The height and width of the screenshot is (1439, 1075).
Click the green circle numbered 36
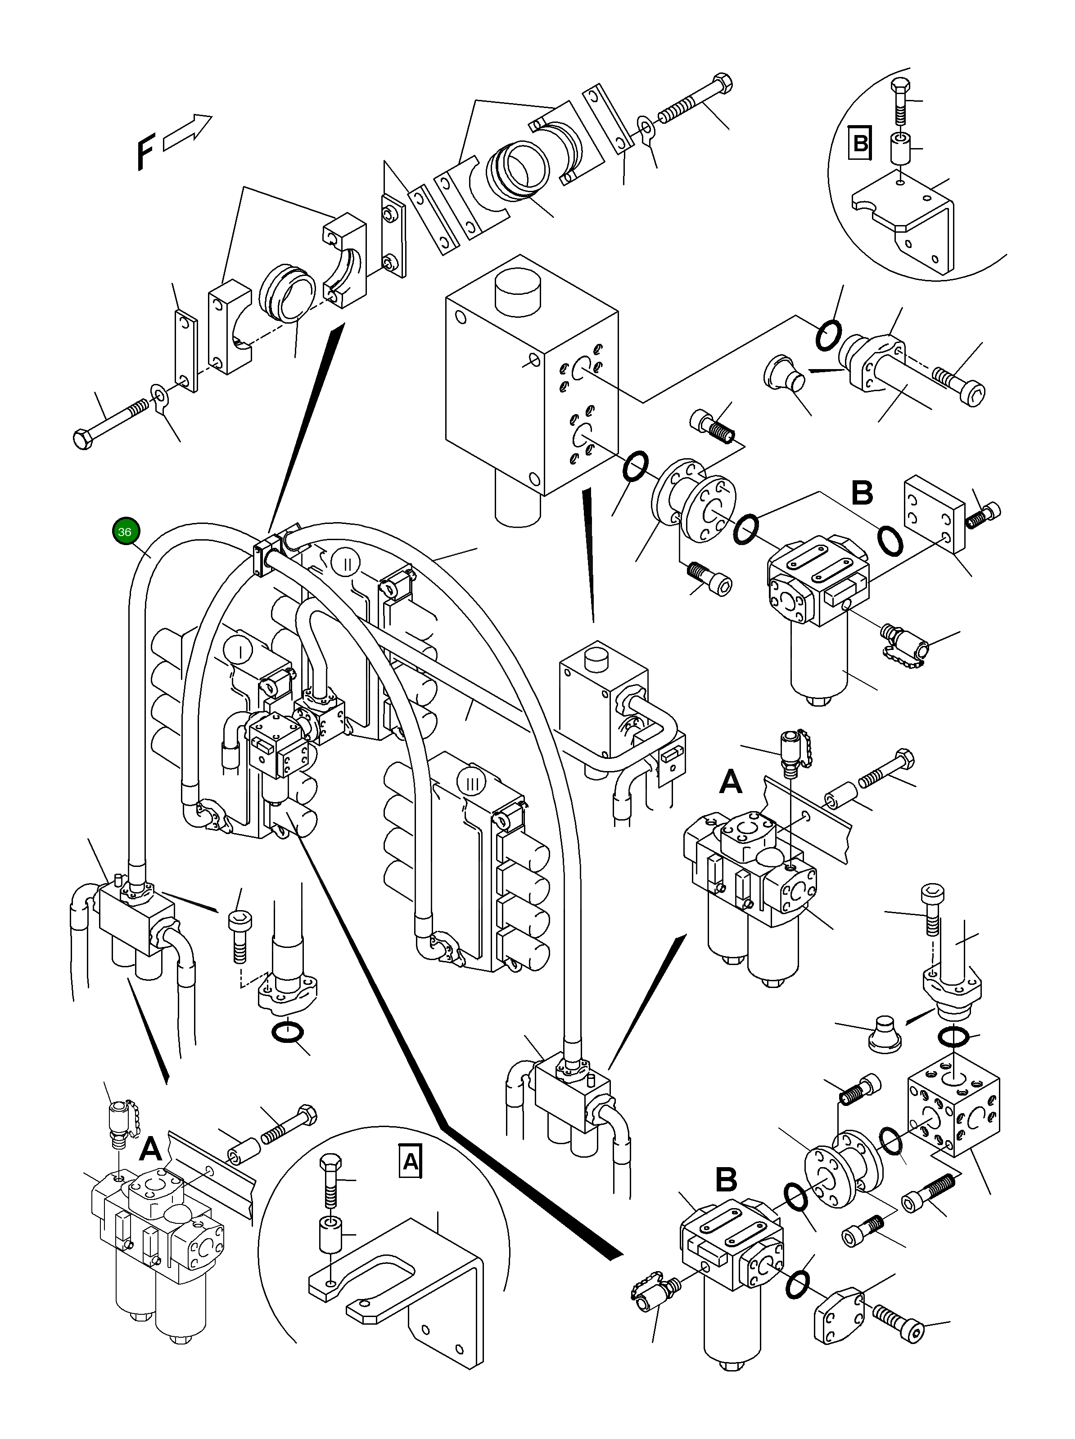pyautogui.click(x=124, y=532)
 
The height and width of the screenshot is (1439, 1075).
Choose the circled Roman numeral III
pyautogui.click(x=472, y=784)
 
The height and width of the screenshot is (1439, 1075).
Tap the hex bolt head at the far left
pyautogui.click(x=83, y=439)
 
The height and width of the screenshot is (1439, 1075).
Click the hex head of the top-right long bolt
pyautogui.click(x=723, y=85)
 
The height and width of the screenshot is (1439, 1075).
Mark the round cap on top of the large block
pyautogui.click(x=518, y=288)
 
